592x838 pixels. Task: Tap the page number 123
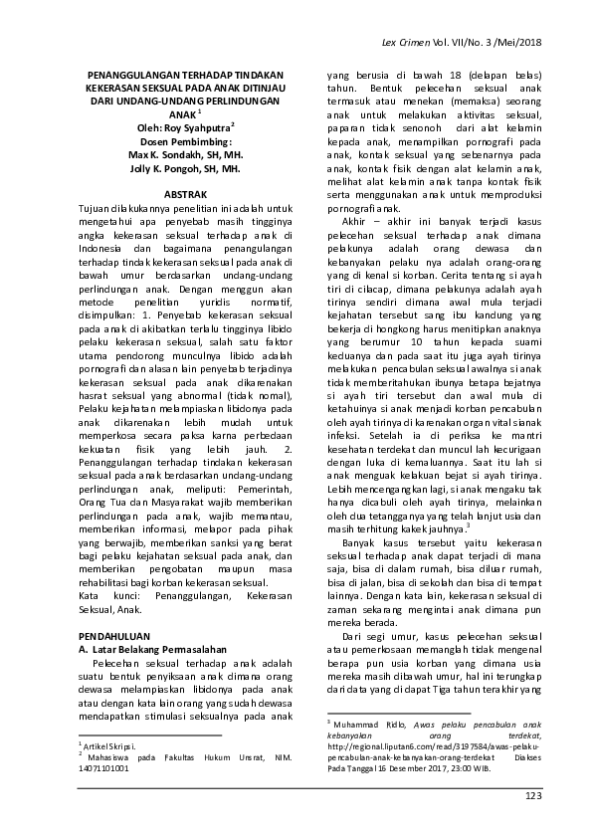click(x=533, y=795)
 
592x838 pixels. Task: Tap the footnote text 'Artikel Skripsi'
click(x=106, y=744)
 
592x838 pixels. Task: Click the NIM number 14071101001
click(x=103, y=768)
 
